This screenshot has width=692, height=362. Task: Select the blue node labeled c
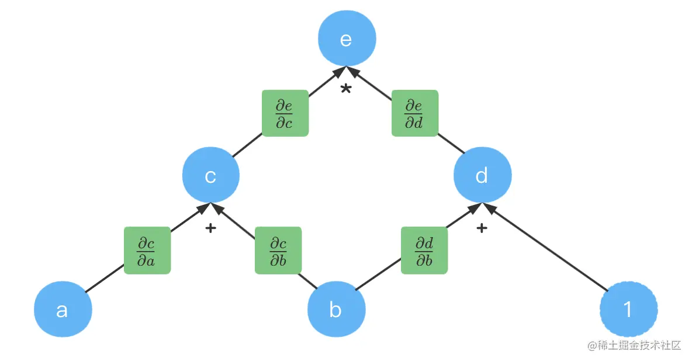point(211,176)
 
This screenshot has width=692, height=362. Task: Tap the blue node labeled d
point(483,175)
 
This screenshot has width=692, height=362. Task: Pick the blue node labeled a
point(63,309)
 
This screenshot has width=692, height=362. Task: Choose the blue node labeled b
point(336,309)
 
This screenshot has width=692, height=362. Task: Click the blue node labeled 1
point(628,309)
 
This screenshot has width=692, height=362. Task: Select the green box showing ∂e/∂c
point(285,113)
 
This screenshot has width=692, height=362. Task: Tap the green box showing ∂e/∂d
point(414,113)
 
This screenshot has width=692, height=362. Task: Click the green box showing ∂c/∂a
point(147,250)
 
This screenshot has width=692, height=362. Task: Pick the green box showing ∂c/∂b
point(278,250)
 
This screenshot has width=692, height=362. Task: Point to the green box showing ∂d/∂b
point(424,250)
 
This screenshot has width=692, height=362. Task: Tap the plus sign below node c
point(211,228)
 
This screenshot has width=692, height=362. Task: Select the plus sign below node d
point(482,228)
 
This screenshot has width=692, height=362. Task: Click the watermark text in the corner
point(634,345)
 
